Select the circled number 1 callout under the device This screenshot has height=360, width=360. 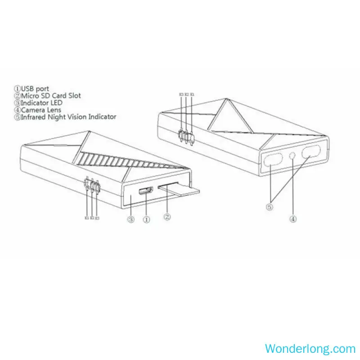(x=146, y=219)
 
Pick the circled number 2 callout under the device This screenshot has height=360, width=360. (x=166, y=216)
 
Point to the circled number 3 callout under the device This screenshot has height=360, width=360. (x=130, y=219)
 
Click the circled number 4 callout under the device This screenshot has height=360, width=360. (x=293, y=219)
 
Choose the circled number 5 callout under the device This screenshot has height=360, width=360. (x=270, y=207)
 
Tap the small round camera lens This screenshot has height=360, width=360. (x=293, y=155)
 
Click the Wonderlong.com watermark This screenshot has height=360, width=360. (x=310, y=348)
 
